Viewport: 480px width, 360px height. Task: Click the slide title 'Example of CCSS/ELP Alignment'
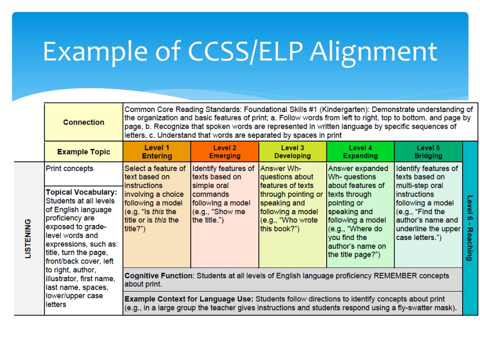pos(240,52)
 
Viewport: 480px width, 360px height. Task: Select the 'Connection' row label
pos(83,122)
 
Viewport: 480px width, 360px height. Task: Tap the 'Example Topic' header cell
pos(83,152)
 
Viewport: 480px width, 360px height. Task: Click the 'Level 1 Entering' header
pos(157,152)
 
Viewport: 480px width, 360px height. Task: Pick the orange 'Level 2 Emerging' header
pos(225,152)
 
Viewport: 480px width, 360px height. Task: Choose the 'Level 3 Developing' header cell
pos(292,152)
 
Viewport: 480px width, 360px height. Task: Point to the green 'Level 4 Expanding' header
pos(360,152)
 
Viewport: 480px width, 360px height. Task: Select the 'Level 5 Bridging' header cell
pos(428,152)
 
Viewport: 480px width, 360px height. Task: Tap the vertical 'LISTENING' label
pos(28,238)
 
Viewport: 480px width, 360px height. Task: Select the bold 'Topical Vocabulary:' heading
pos(81,192)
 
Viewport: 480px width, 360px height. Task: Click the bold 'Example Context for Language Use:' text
pos(189,299)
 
